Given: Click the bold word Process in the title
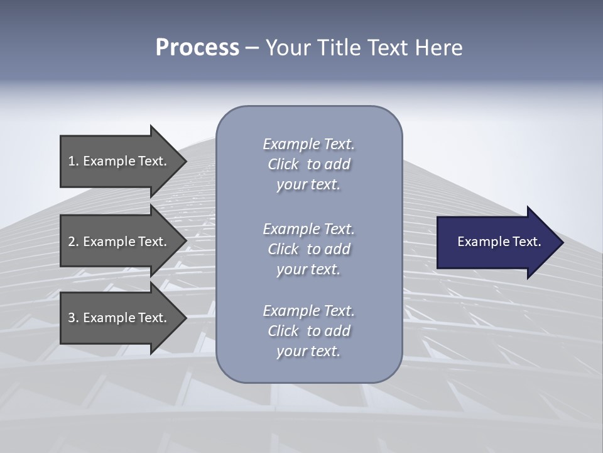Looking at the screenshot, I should coord(197,48).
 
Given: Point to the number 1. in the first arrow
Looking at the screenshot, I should coord(73,161).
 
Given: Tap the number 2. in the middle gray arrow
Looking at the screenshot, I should coord(73,242).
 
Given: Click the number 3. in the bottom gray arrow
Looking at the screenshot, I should coord(73,318).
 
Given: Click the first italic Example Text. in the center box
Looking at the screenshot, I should coord(308,144).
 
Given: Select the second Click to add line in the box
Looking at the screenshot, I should coord(308,249).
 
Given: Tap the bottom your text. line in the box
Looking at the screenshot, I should coord(308,351).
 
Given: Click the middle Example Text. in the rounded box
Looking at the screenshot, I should coord(308,229).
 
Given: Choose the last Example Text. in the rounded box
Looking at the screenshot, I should coord(308,311).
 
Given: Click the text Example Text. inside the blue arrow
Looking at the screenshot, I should coord(499,242).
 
